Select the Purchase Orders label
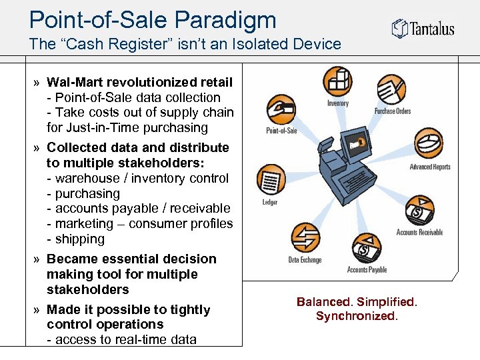(393, 111)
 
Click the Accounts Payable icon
(365, 249)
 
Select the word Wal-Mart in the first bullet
(75, 83)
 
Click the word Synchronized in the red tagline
(356, 316)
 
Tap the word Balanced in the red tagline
(323, 302)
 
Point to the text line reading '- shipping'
(76, 239)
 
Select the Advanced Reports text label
(430, 167)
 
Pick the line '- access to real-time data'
(121, 340)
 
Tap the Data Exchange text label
(305, 260)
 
